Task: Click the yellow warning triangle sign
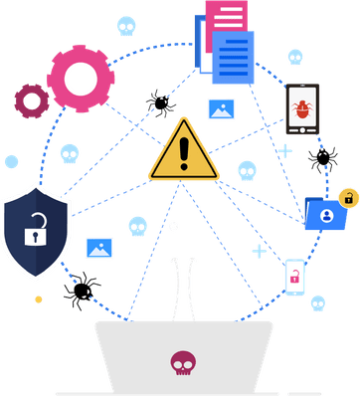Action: [183, 152]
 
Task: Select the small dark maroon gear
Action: [30, 99]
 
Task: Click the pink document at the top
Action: [226, 17]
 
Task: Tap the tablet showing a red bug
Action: [302, 108]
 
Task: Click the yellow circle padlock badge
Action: [348, 197]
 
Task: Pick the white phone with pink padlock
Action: [294, 278]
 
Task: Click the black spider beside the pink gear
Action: [159, 101]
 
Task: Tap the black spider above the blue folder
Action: [322, 156]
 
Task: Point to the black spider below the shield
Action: [81, 291]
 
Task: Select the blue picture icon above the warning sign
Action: [221, 109]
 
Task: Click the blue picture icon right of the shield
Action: [99, 247]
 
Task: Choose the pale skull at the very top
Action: [125, 24]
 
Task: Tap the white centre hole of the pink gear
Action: [81, 78]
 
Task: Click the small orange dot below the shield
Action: [38, 298]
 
